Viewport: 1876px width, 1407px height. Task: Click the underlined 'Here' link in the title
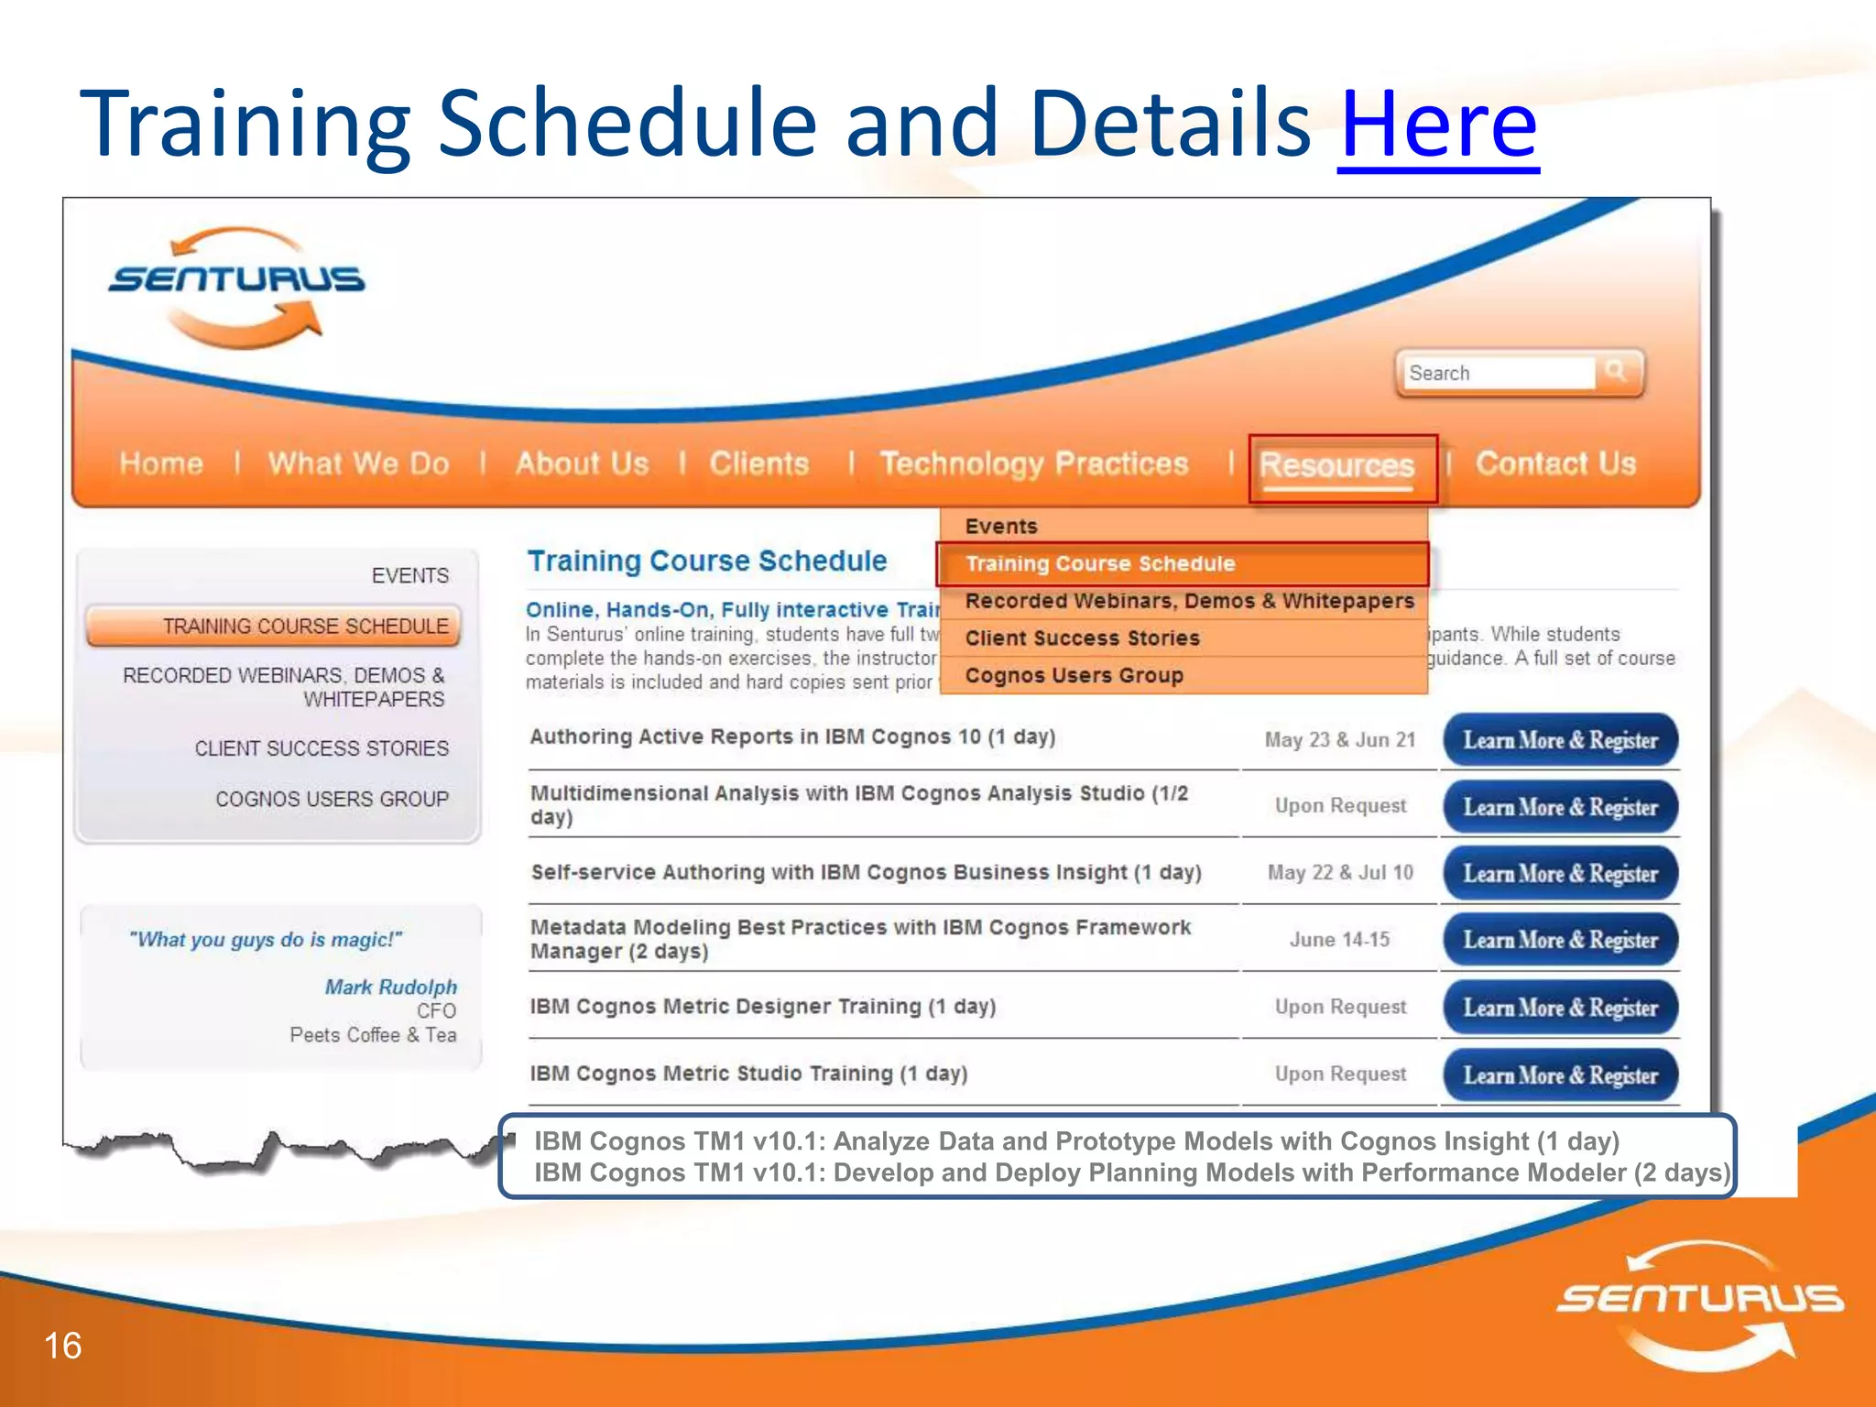pos(1438,124)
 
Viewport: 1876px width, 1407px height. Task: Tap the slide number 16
pos(62,1346)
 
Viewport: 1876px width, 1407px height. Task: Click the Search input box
pos(1498,373)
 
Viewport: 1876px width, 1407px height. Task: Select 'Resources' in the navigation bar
pos(1336,465)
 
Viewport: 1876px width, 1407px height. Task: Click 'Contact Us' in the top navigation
pos(1554,464)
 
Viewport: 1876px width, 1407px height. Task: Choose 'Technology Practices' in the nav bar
pos(1033,464)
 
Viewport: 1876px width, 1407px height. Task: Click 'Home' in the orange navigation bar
pos(161,464)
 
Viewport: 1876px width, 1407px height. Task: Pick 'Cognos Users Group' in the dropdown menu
pos(1074,675)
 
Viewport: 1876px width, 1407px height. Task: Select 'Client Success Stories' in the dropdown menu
pos(1082,638)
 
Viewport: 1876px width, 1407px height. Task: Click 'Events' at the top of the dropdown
pos(1001,526)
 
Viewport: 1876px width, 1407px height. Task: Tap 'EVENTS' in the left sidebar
pos(409,575)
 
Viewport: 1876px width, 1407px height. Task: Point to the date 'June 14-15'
pos(1339,939)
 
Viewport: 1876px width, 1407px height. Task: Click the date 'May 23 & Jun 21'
pos(1339,739)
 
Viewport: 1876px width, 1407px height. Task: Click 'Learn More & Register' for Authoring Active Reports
pos(1560,740)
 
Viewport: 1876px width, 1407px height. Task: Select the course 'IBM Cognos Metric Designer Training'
pos(762,1006)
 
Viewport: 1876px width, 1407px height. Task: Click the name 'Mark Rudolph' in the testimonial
pos(390,987)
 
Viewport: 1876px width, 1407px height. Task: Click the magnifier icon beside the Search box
pos(1616,371)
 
